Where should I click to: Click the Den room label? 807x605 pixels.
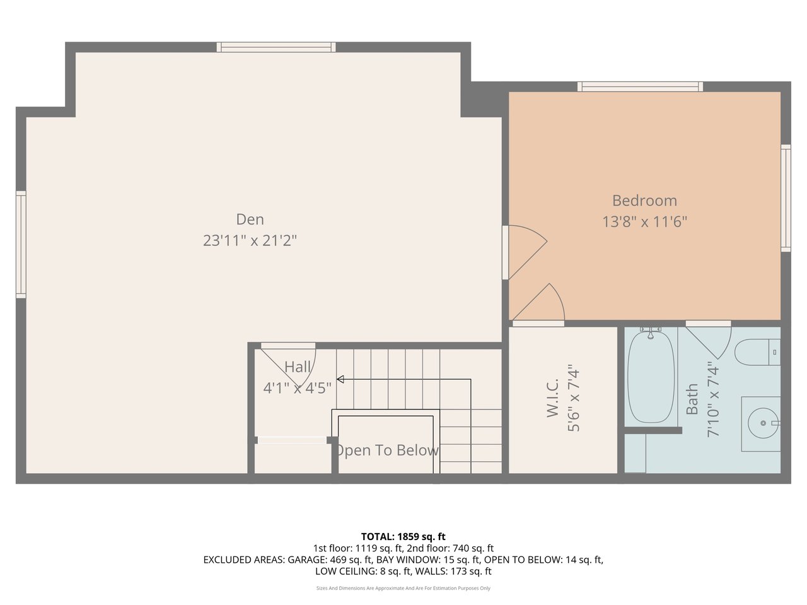click(250, 219)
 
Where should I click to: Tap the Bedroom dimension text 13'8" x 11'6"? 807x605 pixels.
click(644, 222)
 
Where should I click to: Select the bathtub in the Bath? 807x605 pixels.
click(651, 377)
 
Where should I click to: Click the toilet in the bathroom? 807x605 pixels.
click(757, 352)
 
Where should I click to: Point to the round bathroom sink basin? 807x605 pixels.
click(763, 423)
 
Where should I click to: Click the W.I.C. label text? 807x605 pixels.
click(552, 398)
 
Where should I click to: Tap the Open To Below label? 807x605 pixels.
click(388, 450)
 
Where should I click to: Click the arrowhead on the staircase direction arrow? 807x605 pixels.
click(340, 379)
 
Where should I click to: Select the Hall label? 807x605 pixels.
click(298, 367)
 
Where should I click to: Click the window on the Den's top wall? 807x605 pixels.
click(276, 47)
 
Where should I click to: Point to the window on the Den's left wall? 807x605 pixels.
click(21, 245)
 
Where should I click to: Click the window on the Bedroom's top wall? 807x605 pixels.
click(640, 86)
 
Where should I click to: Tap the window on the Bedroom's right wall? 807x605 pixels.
click(786, 198)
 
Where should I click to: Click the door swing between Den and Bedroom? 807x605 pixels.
click(526, 252)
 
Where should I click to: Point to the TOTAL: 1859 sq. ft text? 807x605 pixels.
click(403, 537)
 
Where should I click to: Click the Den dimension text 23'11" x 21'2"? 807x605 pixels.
click(250, 241)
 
